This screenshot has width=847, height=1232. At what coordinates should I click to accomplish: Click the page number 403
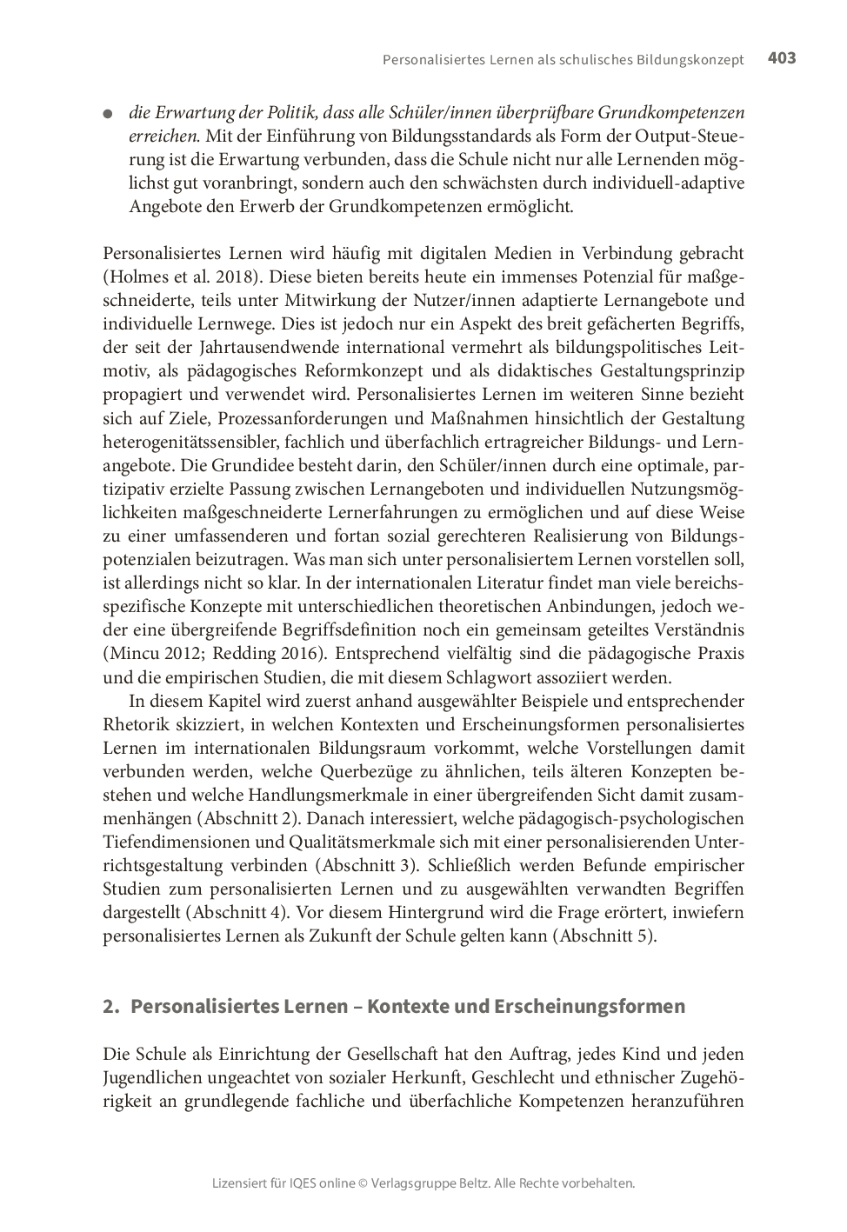point(782,58)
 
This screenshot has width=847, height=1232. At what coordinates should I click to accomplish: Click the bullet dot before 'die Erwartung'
point(108,114)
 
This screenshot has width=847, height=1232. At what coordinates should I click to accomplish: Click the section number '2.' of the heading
point(110,1006)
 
